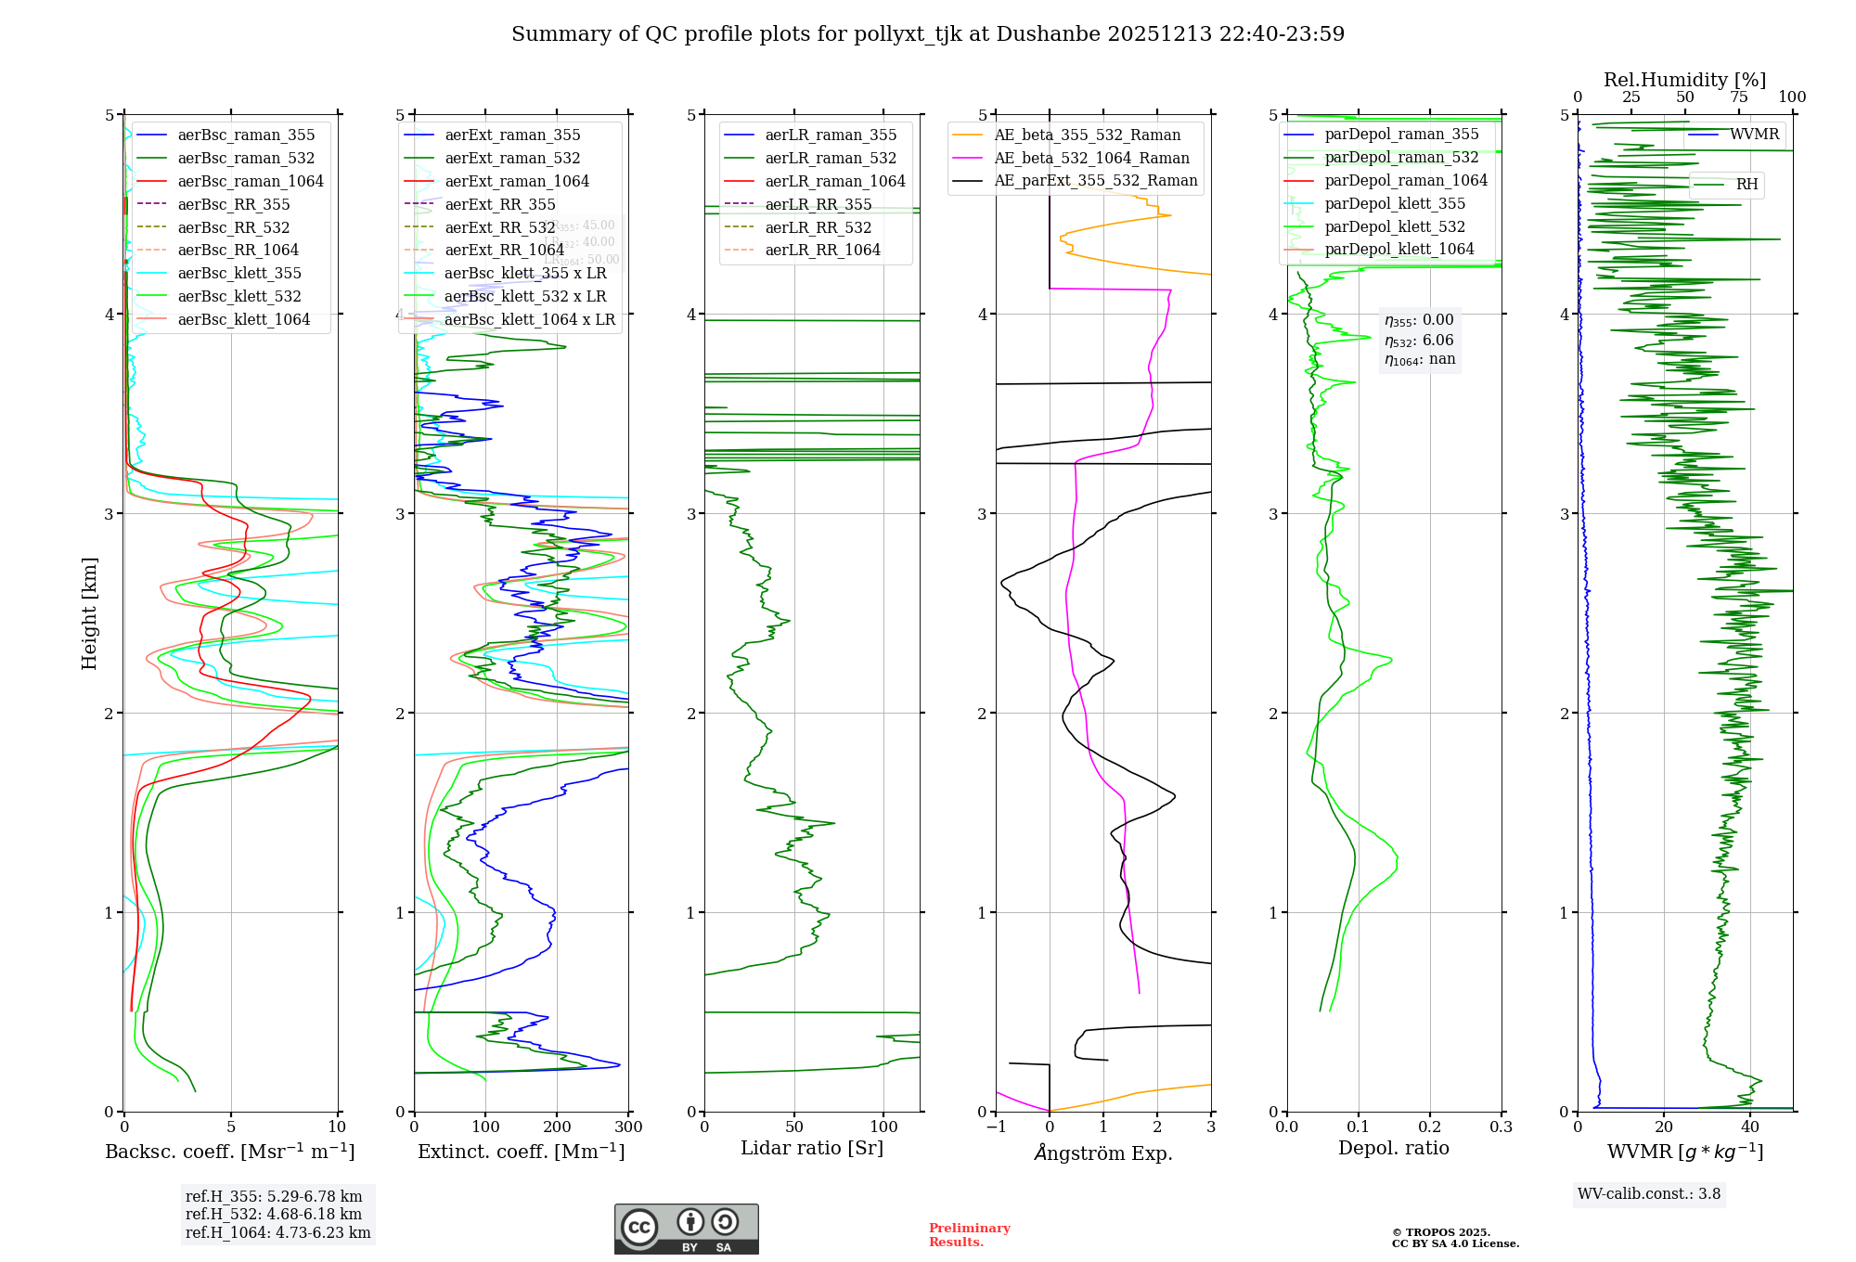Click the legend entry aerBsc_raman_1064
click(x=251, y=181)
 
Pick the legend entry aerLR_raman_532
click(x=831, y=159)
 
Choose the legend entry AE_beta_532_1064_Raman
click(x=1091, y=158)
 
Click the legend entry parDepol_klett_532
click(x=1395, y=226)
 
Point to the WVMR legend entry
click(x=1754, y=135)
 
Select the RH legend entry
click(x=1746, y=185)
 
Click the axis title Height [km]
click(x=89, y=612)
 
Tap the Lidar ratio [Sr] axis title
click(x=812, y=1148)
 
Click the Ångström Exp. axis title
click(x=1103, y=1153)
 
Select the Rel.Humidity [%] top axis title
click(x=1684, y=80)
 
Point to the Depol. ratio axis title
click(x=1393, y=1148)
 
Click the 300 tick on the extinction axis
click(x=628, y=1127)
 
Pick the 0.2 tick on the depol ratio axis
click(x=1430, y=1127)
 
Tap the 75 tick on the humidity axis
click(x=1738, y=97)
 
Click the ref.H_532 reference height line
click(x=274, y=1215)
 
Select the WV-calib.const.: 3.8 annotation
click(x=1649, y=1194)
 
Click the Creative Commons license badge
click(x=686, y=1230)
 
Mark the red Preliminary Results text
click(x=969, y=1235)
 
